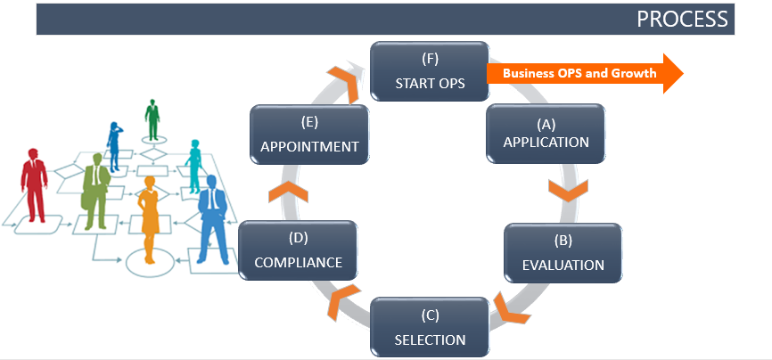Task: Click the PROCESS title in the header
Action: (682, 19)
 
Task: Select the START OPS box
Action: (430, 72)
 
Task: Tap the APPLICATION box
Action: (546, 133)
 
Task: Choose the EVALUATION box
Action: (563, 253)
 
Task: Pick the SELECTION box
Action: (430, 327)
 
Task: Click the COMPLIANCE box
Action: (298, 250)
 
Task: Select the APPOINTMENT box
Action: (309, 135)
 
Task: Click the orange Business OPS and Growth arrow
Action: (584, 73)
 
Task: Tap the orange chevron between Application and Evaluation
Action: (566, 190)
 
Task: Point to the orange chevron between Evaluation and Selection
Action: (512, 307)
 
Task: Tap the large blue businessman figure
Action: (212, 218)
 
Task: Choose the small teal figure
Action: (194, 165)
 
